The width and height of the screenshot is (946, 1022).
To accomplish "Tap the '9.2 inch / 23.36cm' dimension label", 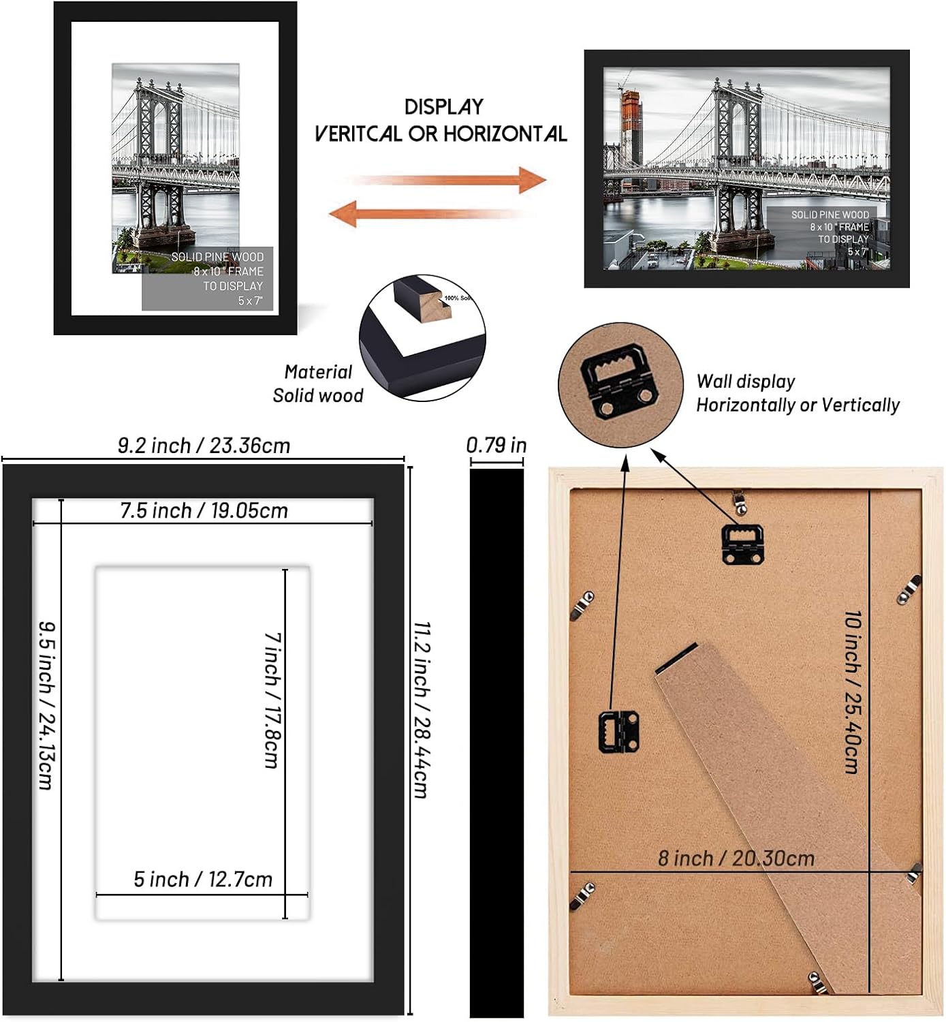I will click(204, 446).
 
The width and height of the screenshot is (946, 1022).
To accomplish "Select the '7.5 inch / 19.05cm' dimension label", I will click(204, 510).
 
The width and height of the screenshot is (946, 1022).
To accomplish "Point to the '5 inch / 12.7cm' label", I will click(202, 879).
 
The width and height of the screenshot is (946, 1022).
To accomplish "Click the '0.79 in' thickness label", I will click(496, 445).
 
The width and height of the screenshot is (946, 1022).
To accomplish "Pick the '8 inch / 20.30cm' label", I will click(736, 858).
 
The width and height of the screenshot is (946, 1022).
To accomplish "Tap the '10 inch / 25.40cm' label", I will click(852, 692).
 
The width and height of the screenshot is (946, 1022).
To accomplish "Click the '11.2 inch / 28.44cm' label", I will click(422, 709).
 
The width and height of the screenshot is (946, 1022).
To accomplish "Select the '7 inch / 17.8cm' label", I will click(272, 700).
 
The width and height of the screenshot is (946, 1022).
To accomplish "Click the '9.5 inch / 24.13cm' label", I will click(46, 704).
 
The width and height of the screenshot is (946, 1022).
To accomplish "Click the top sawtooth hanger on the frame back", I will click(742, 544).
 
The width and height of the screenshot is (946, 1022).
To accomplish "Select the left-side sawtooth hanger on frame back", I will click(618, 730).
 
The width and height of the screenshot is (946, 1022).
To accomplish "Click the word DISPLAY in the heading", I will click(443, 107).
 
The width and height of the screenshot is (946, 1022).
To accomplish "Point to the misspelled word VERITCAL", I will click(358, 134).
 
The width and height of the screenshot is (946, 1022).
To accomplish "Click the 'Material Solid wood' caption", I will click(317, 384).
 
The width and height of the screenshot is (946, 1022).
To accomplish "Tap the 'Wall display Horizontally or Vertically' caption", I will click(797, 393).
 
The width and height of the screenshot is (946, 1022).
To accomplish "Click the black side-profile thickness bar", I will click(496, 743).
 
